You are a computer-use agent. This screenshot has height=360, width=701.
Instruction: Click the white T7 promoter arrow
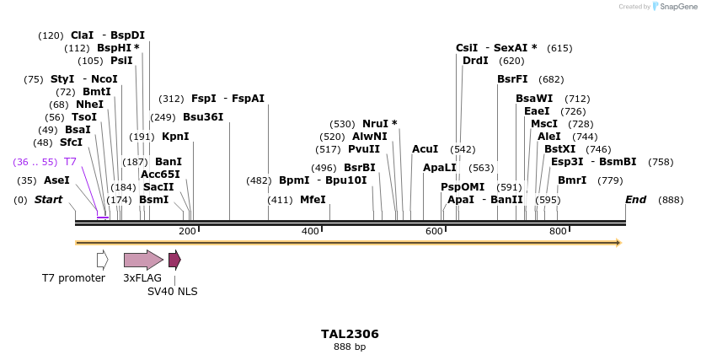pyautogui.click(x=102, y=260)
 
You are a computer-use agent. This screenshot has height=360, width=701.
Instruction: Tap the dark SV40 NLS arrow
pyautogui.click(x=174, y=260)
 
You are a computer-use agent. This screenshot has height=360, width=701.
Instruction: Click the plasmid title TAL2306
pyautogui.click(x=350, y=334)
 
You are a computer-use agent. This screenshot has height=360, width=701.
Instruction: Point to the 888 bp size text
pyautogui.click(x=350, y=347)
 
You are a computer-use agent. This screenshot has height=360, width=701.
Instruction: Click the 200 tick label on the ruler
pyautogui.click(x=187, y=231)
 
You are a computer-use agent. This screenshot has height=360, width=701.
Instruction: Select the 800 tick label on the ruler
pyautogui.click(x=558, y=231)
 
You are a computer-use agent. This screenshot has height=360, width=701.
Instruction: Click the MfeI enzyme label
pyautogui.click(x=313, y=200)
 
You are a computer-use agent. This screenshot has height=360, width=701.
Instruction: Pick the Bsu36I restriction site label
pyautogui.click(x=203, y=117)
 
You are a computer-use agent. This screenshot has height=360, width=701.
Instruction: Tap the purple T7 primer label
pyautogui.click(x=70, y=161)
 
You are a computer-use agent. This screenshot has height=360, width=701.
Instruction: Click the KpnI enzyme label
pyautogui.click(x=175, y=136)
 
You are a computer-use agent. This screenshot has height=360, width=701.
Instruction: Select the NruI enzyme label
pyautogui.click(x=379, y=124)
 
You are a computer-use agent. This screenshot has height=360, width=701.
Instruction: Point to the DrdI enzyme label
pyautogui.click(x=475, y=61)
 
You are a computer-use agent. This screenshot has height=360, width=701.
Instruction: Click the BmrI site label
pyautogui.click(x=572, y=180)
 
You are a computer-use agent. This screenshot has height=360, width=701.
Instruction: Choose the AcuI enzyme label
pyautogui.click(x=425, y=149)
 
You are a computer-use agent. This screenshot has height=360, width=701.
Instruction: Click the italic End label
pyautogui.click(x=635, y=200)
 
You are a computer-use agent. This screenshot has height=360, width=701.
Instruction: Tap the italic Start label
pyautogui.click(x=48, y=200)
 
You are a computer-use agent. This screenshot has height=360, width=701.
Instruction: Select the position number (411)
pyautogui.click(x=280, y=200)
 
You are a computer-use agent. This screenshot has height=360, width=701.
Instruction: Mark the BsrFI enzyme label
pyautogui.click(x=512, y=79)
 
